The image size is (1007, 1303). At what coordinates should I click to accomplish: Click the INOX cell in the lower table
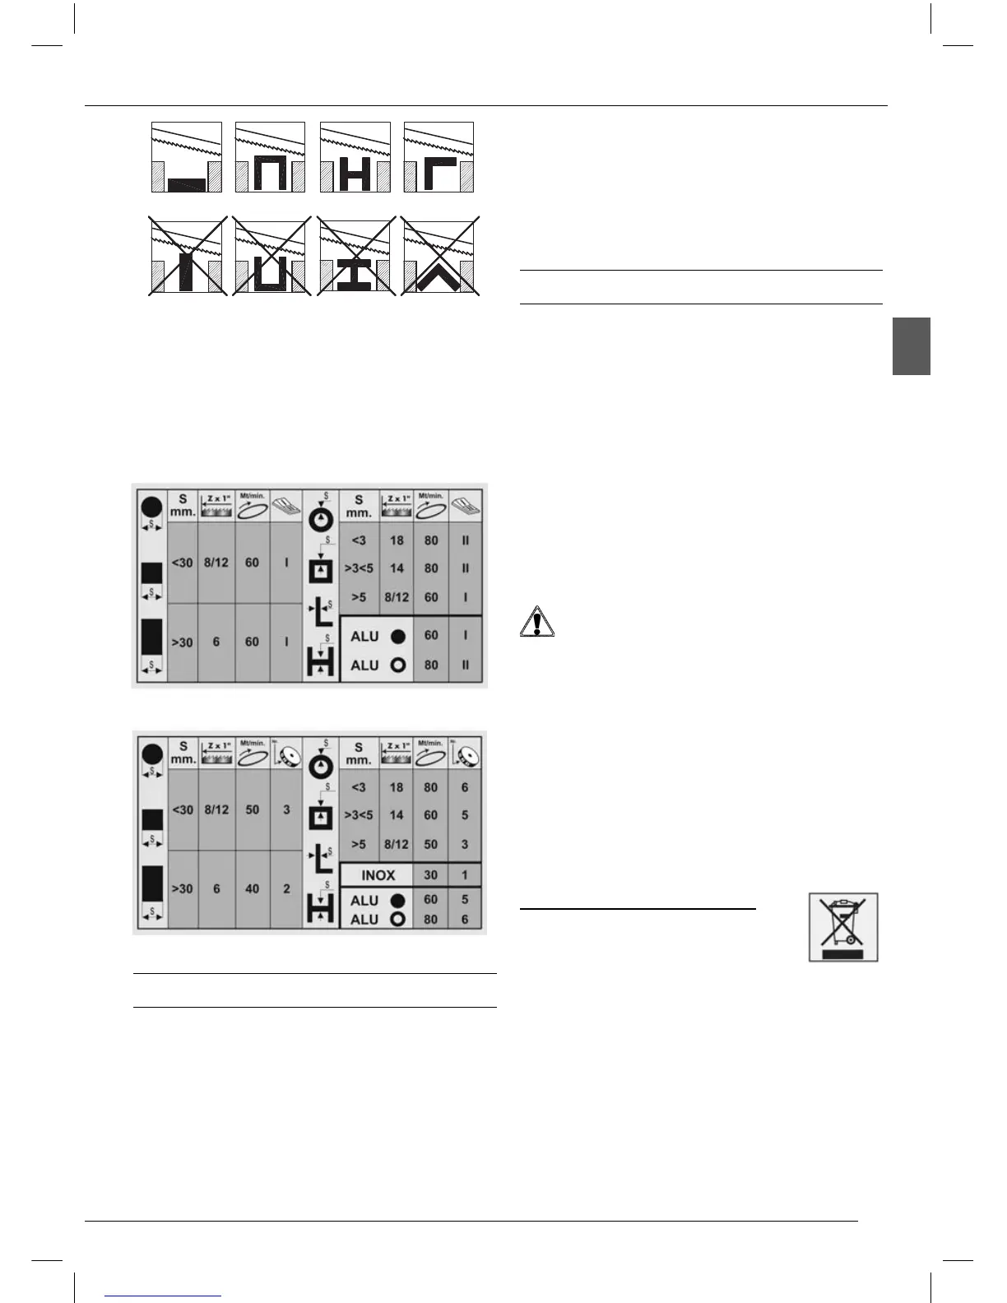coord(378,875)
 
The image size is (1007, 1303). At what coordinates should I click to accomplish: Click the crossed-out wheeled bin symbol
coord(843,926)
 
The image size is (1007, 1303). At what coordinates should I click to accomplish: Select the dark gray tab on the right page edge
coord(911,346)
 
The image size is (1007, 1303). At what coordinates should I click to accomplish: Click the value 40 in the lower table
coord(253,888)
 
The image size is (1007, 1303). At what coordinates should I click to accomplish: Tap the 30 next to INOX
coord(430,875)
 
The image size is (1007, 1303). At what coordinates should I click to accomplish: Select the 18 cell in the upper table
coord(397,540)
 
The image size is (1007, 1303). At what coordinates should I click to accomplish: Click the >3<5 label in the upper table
coord(359,568)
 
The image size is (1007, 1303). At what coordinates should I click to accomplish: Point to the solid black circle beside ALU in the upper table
coord(398,637)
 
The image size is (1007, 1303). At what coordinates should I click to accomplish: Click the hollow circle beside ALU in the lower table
coord(398,919)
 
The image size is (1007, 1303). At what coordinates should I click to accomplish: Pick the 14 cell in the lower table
coord(397,815)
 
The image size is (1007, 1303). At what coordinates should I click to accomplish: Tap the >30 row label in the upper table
coord(182,642)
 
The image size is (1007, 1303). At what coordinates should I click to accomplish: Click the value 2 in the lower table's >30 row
coord(286,888)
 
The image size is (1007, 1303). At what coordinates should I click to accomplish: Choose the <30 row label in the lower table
coord(182,809)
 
